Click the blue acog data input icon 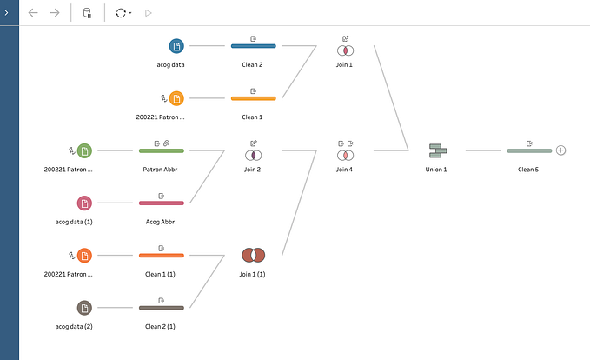coord(176,46)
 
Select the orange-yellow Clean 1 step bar coord(253,98)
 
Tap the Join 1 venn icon coord(345,50)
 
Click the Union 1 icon coord(438,150)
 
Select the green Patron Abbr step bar coord(162,150)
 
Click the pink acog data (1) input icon coord(84,203)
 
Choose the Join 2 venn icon coord(253,155)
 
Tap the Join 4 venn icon coord(345,155)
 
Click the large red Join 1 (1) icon coord(253,256)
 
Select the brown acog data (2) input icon coord(84,308)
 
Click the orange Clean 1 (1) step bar coord(162,256)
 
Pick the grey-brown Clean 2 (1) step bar coord(162,308)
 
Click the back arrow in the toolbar coord(33,13)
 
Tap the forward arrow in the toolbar coord(55,13)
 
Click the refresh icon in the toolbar coord(121,13)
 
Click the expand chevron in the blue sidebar coord(6,12)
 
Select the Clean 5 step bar coord(529,150)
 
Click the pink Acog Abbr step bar coord(162,203)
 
